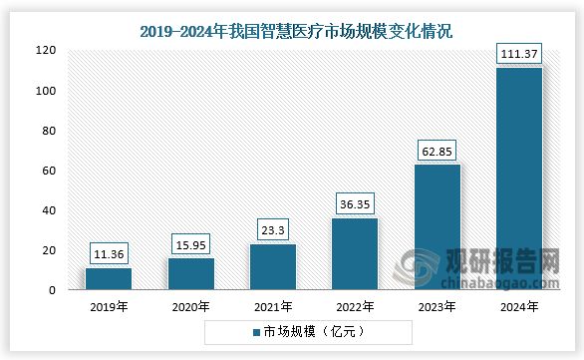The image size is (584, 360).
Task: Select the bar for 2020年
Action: (x=190, y=274)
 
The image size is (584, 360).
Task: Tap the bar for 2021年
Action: (x=272, y=267)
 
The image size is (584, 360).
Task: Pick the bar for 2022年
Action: (x=354, y=254)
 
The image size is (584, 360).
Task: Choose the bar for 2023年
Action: (x=437, y=227)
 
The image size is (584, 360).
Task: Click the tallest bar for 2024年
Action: (x=518, y=180)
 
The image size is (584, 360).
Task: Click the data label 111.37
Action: (x=518, y=51)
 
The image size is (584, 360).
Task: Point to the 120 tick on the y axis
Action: (x=48, y=50)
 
